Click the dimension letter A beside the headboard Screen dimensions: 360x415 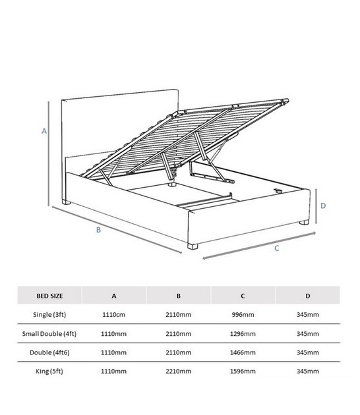44,130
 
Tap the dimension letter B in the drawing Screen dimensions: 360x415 98,230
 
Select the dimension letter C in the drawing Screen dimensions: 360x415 276,248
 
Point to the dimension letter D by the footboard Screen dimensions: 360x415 323,206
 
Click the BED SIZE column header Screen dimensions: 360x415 49,296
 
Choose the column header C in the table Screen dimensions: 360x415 243,296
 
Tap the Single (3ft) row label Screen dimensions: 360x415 49,315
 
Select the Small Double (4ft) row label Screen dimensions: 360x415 49,334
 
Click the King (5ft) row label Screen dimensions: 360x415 49,372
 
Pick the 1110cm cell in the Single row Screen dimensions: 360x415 113,315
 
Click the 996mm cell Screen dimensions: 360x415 243,315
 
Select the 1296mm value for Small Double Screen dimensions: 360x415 243,334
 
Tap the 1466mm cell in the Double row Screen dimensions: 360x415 243,352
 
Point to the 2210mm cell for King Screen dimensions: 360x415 178,372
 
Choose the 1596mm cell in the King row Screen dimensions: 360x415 243,372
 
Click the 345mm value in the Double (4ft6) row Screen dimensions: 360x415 307,352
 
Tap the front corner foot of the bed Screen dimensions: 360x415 193,246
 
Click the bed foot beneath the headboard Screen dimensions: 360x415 66,202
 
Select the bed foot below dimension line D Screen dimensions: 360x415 304,223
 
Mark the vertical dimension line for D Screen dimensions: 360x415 316,206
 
